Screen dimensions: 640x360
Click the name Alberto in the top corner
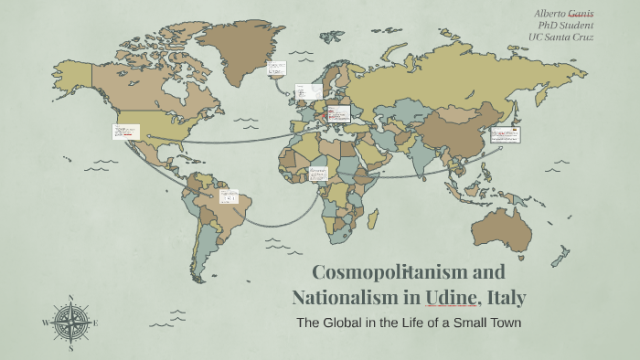point(551,14)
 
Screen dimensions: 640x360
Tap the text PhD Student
point(566,26)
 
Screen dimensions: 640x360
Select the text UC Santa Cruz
point(560,37)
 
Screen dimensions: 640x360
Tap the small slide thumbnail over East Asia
point(505,135)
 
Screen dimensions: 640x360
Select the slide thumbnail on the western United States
point(125,132)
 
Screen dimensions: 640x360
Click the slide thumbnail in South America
point(228,196)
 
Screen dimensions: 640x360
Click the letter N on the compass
point(70,298)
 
